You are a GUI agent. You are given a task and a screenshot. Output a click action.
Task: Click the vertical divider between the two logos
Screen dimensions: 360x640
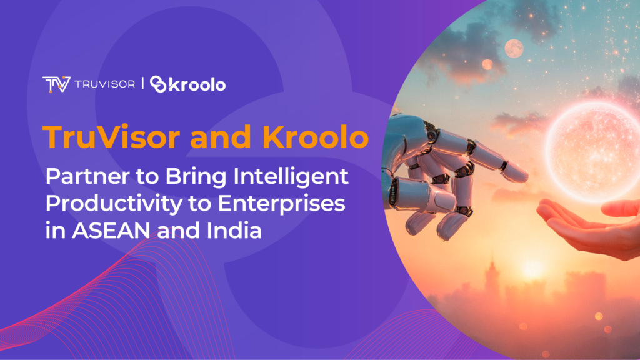tap(144, 84)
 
